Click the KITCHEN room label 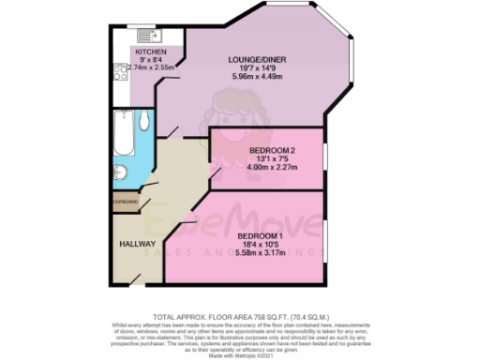(x=151, y=52)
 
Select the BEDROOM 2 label (x=272, y=150)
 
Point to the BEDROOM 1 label (x=260, y=234)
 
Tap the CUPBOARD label (x=126, y=202)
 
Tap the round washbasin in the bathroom (x=122, y=172)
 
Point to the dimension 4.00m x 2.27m (x=272, y=169)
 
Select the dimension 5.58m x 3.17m (x=260, y=253)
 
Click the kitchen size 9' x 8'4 (x=151, y=60)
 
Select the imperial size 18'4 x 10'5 (x=260, y=244)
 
